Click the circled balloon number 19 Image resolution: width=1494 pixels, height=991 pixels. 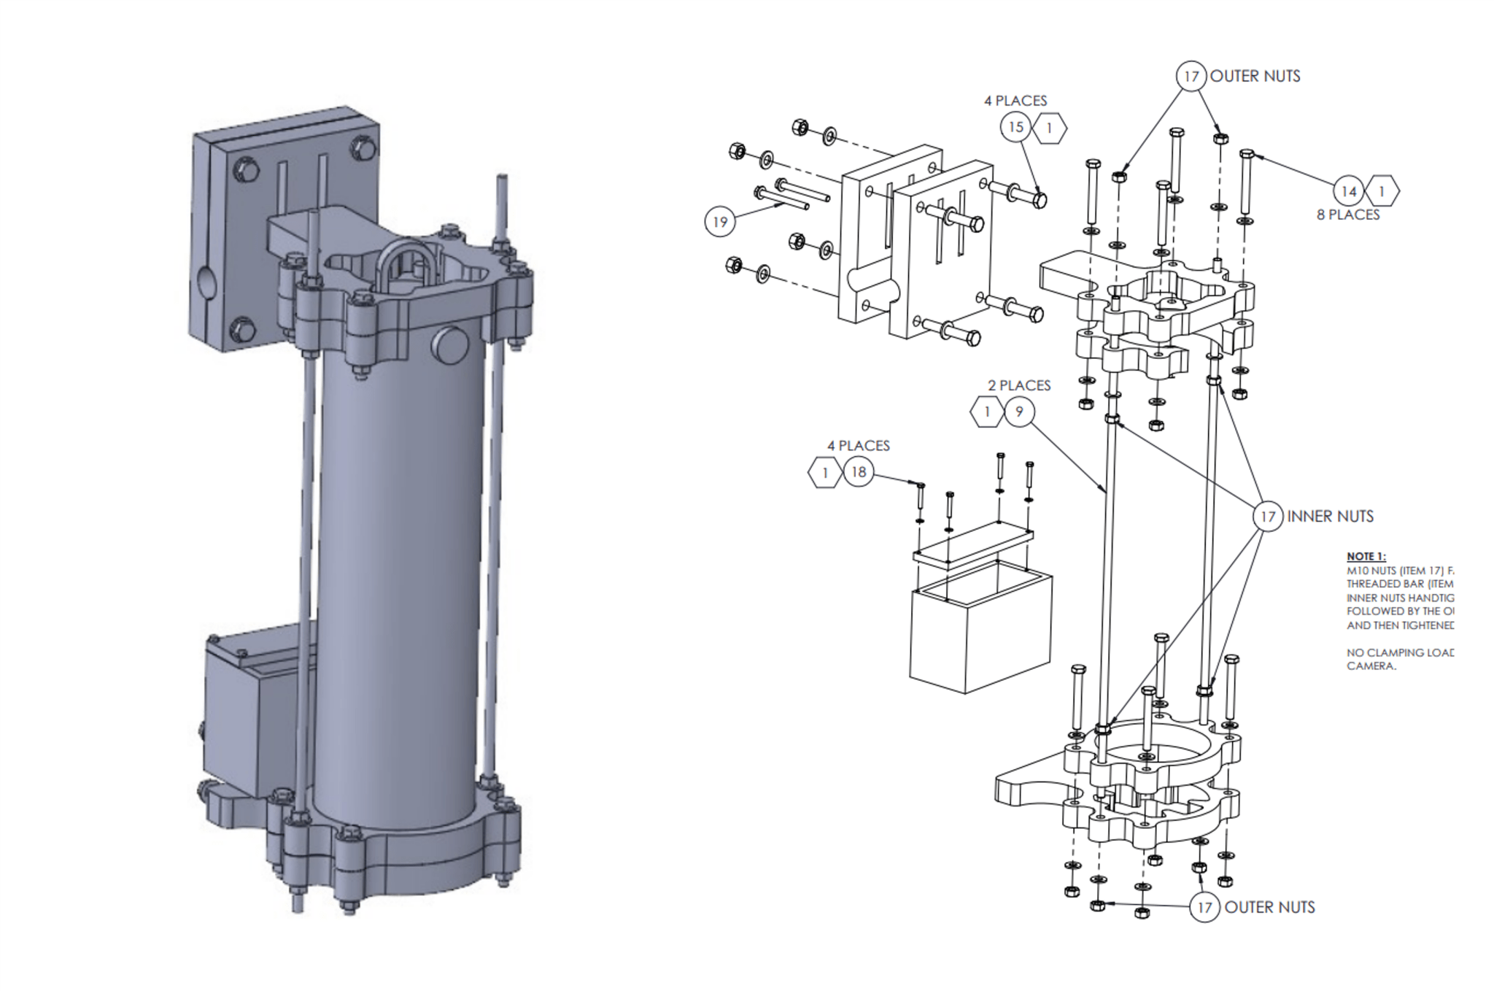[720, 222]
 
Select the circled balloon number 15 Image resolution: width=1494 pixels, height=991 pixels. [1015, 127]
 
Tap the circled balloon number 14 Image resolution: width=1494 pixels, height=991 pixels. [1349, 191]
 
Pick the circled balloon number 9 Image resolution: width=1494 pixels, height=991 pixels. [1019, 412]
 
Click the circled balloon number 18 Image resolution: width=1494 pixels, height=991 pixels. [859, 472]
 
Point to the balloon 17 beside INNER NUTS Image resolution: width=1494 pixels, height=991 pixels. [1268, 517]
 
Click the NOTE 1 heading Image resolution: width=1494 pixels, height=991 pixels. [1366, 557]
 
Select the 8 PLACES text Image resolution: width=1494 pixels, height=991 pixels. [1348, 215]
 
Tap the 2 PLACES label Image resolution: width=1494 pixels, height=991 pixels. [1019, 385]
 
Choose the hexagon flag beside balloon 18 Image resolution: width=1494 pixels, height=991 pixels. [825, 472]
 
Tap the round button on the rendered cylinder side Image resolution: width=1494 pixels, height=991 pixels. [452, 345]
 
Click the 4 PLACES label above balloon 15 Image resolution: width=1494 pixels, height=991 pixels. [1015, 101]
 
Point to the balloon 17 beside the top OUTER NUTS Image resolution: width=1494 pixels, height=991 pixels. [1191, 76]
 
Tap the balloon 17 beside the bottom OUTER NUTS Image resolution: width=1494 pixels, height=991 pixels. [1204, 907]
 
